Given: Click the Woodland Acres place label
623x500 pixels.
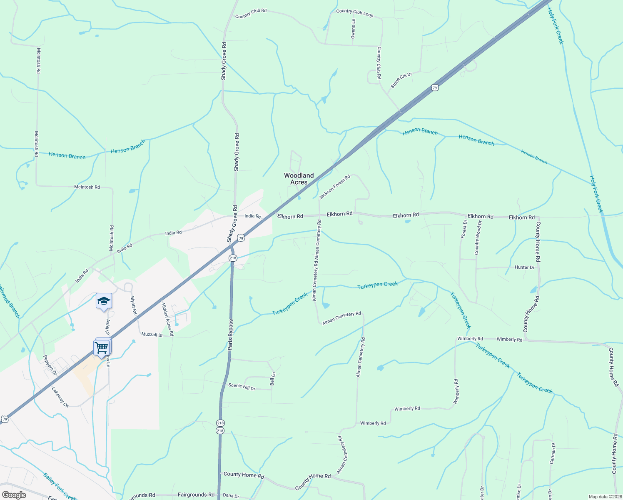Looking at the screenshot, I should click(x=299, y=179).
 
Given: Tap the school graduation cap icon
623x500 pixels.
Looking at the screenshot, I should click(x=104, y=301).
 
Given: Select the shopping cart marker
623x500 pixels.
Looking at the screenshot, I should click(x=102, y=347).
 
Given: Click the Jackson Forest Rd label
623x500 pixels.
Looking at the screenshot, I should click(x=335, y=187).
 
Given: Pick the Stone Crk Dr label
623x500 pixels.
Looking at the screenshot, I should click(x=401, y=80).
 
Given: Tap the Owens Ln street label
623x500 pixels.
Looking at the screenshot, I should click(x=353, y=29).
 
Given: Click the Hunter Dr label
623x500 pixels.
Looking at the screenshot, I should click(x=524, y=267).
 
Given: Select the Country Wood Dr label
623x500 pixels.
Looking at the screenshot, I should click(x=478, y=238).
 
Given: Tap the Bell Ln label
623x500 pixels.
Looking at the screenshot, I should click(x=273, y=379).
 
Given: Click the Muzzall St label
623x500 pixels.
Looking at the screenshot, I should click(x=152, y=335).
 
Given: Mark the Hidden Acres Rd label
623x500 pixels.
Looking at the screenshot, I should click(x=167, y=320).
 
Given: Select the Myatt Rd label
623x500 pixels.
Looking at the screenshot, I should click(x=134, y=305).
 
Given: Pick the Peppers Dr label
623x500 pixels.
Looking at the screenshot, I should click(x=50, y=363).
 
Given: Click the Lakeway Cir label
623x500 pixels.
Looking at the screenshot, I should click(x=60, y=397).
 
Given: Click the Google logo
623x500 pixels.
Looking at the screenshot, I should click(x=14, y=495).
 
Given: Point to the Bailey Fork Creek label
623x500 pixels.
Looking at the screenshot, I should click(x=60, y=486).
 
